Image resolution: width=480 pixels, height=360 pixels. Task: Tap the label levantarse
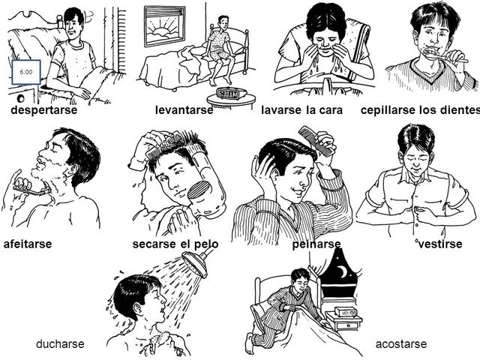point(184,110)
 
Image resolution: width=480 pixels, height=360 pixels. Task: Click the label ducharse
point(60,343)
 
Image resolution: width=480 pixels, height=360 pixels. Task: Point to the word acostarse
point(400,343)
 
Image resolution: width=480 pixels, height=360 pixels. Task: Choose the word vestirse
point(440,244)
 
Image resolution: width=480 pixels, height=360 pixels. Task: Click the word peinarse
point(316,244)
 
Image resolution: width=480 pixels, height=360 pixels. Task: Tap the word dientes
point(455,110)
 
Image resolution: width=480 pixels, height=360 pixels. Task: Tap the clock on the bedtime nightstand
point(347,310)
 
